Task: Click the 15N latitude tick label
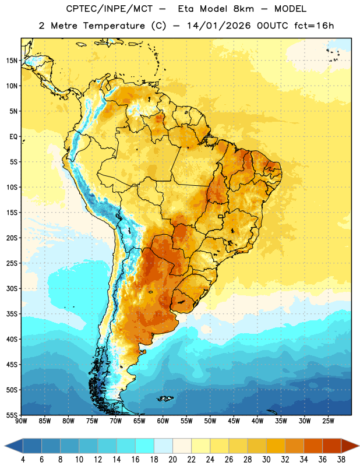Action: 12,61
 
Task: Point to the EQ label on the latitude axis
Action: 13,137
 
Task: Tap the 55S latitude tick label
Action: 12,415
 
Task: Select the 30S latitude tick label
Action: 12,288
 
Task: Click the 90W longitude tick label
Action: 21,421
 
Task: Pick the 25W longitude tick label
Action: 328,421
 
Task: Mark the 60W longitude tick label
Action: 163,421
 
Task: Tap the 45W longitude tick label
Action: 234,421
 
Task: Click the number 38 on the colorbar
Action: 341,460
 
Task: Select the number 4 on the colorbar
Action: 23,460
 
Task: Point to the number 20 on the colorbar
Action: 172,460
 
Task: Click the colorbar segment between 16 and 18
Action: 145,446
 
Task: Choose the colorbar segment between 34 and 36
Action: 313,446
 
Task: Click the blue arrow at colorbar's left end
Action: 14,446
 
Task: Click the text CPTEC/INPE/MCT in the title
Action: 109,9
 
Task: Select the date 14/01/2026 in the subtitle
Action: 219,26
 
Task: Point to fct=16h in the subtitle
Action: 314,26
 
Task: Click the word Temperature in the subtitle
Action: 114,26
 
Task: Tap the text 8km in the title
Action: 243,9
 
